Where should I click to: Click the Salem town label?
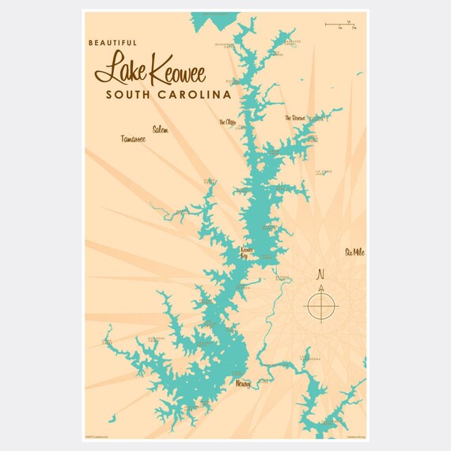point(160,129)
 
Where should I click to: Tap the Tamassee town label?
point(133,139)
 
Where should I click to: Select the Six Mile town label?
point(355,252)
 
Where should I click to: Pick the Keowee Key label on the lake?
point(248,252)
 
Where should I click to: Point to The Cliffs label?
point(227,123)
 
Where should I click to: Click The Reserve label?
point(295,118)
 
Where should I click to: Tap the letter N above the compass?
point(320,275)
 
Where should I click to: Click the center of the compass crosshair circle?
point(322,306)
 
